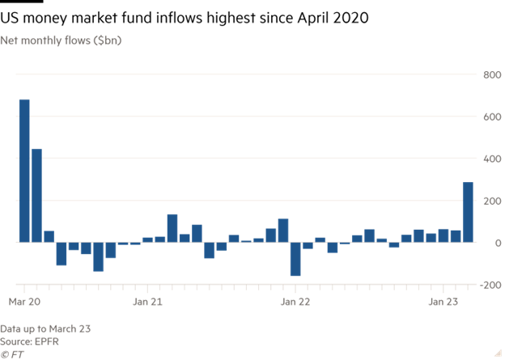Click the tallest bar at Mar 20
pyautogui.click(x=24, y=171)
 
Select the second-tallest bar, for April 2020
pyautogui.click(x=36, y=195)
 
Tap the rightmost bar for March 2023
pyautogui.click(x=468, y=212)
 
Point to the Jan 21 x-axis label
pyautogui.click(x=147, y=302)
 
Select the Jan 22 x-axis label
pyautogui.click(x=295, y=302)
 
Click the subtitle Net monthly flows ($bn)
pyautogui.click(x=62, y=40)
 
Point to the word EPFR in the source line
pyautogui.click(x=46, y=341)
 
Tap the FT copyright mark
pyautogui.click(x=11, y=354)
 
